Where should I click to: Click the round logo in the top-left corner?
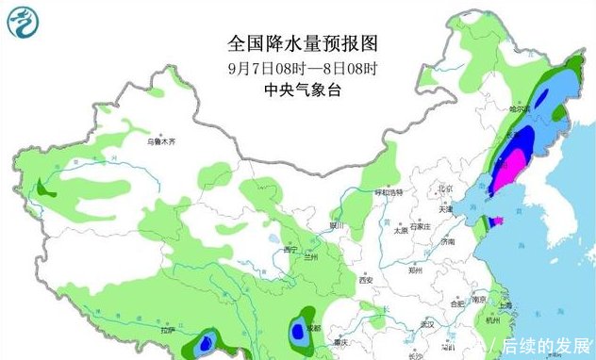point(25,24)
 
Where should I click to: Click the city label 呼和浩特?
point(389,192)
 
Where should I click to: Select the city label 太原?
point(401,229)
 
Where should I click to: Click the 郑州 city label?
point(419,269)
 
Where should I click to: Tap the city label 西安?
point(365,280)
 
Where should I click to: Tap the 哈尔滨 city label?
point(521,110)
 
